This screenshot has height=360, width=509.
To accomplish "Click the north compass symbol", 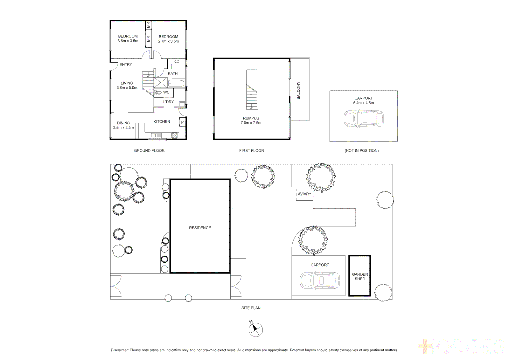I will coord(255,329).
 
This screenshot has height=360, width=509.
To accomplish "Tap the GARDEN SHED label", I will coord(360,276).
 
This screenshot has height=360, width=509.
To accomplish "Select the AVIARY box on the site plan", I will coord(304,194).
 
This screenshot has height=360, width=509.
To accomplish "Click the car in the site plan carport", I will coord(320,280).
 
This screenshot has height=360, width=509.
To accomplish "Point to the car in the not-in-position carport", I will coord(363,119).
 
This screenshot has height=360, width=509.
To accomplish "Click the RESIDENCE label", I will coord(200,228).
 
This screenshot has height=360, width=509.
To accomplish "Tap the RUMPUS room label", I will coord(251,118).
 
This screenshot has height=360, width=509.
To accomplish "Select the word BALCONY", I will coord(298,90).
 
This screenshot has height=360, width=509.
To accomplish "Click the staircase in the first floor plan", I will coord(252,89).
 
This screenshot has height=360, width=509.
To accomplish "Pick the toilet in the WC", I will coord(158,92).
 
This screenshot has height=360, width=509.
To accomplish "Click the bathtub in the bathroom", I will coord(176,83).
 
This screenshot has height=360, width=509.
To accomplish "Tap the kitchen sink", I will coord(156,135).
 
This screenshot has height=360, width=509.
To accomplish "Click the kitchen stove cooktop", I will coord(174,135).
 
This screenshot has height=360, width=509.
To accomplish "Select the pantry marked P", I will coord(182,122).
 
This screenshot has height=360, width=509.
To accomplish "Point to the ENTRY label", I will coord(126,64).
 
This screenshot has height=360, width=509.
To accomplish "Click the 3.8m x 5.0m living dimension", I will coord(127,88).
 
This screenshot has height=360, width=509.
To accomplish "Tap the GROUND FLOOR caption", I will coord(149,151).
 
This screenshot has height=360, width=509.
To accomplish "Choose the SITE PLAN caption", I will coord(251,308).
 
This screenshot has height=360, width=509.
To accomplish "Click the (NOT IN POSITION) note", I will coord(361,151).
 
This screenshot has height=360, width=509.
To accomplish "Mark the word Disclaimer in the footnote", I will coord(119,350).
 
